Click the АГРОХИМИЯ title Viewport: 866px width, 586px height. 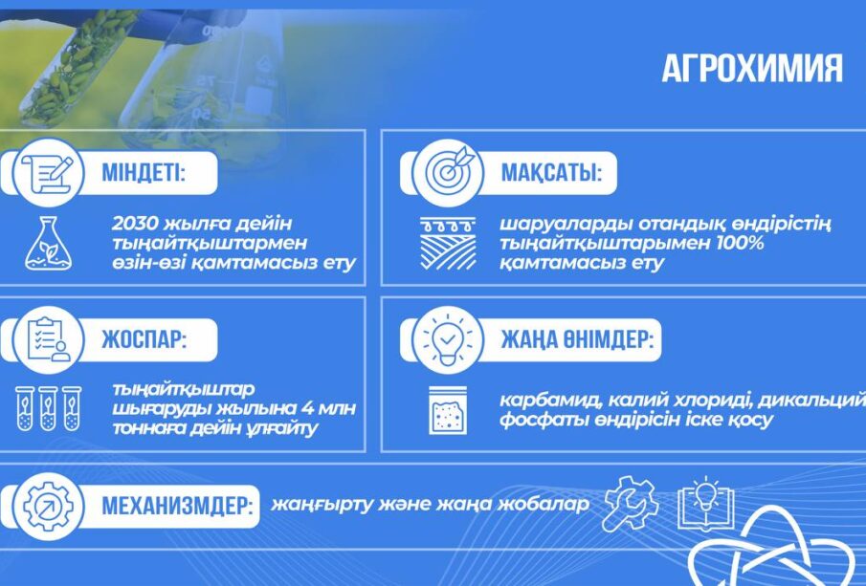752,69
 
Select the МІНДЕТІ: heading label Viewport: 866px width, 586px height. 143,173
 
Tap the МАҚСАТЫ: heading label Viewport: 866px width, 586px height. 550,173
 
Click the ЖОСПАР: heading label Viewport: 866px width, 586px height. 144,339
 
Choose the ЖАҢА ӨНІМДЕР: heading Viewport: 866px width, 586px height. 577,339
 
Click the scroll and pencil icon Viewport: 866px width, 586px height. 48,173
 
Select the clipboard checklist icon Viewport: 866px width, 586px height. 49,339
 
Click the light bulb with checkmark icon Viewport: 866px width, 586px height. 448,338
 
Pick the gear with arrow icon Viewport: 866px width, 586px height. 48,506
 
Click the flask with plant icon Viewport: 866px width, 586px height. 48,244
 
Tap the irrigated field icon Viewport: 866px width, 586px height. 448,244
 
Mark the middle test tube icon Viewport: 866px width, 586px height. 48,408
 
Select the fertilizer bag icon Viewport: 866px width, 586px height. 448,409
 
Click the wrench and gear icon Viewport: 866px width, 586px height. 631,504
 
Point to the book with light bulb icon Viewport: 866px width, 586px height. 706,503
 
